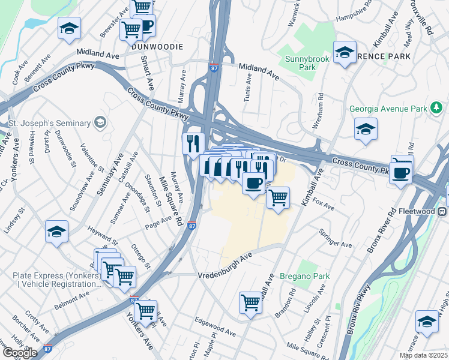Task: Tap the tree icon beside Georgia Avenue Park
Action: point(436,109)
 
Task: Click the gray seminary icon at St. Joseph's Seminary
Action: point(100,123)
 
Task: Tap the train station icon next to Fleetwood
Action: point(443,212)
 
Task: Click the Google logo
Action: point(19,353)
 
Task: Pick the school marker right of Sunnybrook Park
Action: point(345,53)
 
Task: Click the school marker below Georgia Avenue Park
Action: point(365,130)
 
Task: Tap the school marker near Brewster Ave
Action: point(69,28)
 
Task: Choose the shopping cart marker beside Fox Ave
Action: point(278,198)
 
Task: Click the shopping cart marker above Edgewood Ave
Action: point(250,302)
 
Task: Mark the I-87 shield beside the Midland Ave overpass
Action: point(214,68)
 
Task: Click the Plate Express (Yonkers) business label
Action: point(51,280)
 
